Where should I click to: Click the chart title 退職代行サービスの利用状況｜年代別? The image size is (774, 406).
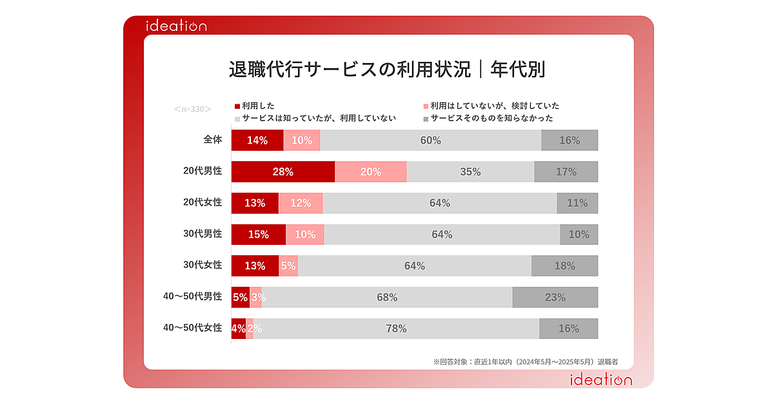tap(387, 69)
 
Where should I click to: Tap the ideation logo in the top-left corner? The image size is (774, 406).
tap(175, 26)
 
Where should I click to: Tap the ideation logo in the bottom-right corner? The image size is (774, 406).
tap(600, 380)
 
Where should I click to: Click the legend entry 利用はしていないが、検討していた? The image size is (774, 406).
tap(494, 106)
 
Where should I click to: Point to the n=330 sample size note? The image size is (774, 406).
tap(193, 109)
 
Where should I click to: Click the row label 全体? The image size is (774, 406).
tap(212, 140)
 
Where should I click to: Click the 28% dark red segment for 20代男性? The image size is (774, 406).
tap(283, 172)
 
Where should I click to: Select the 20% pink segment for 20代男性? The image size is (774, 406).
tap(371, 172)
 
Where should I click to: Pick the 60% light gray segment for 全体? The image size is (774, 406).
tap(430, 140)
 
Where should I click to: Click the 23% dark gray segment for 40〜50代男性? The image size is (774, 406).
tap(555, 297)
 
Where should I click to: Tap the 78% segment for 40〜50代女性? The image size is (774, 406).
tap(396, 329)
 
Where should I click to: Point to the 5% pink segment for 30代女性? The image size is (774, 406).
tap(288, 266)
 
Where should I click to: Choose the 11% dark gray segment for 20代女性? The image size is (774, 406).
tap(577, 203)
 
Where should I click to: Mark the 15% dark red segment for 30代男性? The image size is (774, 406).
tap(258, 235)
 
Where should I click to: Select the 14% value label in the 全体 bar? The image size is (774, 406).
tap(257, 140)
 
